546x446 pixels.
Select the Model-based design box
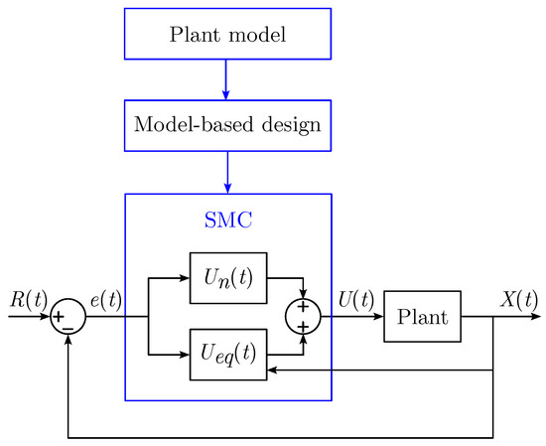click(x=227, y=125)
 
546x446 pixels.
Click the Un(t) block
click(x=227, y=278)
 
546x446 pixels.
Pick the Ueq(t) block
click(x=227, y=354)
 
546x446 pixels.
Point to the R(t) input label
click(x=27, y=300)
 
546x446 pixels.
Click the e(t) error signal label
click(x=105, y=300)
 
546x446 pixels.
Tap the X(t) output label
click(x=518, y=300)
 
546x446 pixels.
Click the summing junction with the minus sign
click(x=68, y=317)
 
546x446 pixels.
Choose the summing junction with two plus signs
click(x=304, y=317)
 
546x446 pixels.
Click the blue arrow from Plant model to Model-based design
click(x=227, y=78)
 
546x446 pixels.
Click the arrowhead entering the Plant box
click(x=378, y=317)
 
